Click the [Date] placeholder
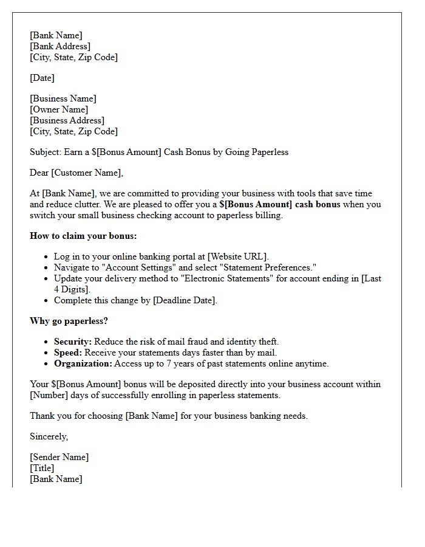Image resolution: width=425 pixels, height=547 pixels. pos(42,78)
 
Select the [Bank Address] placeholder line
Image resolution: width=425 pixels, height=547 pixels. pos(59,46)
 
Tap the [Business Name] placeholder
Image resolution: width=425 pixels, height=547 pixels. pos(63,98)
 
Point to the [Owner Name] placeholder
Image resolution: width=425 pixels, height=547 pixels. pos(59,109)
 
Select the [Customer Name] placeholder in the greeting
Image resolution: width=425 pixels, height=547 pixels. pos(86,173)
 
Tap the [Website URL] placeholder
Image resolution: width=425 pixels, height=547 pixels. pos(237,256)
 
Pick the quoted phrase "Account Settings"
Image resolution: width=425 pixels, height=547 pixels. pos(134,267)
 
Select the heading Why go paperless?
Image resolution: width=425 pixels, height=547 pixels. pos(69,321)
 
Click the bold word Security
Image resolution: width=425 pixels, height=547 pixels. pos(72,342)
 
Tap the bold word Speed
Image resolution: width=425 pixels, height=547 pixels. pos(68,353)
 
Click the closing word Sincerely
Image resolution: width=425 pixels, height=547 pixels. pos(49,436)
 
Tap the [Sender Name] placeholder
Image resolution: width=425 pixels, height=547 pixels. pos(59,457)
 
